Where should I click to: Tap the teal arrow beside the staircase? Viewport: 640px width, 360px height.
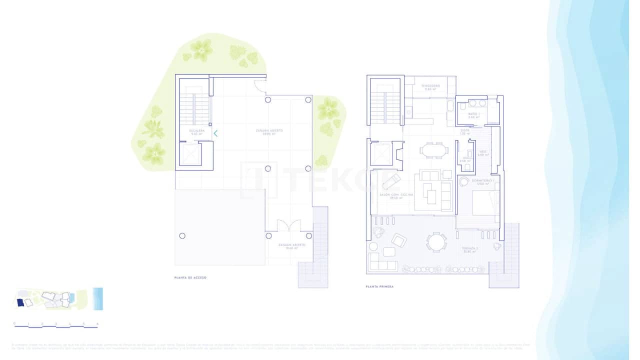tap(215, 133)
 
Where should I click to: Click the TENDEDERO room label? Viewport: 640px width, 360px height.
tap(430, 87)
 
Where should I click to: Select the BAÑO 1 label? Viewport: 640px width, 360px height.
tap(474, 116)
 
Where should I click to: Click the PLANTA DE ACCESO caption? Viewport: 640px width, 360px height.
tap(190, 277)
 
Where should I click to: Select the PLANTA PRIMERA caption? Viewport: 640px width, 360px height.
tap(380, 287)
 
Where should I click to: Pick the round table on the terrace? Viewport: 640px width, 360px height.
tap(436, 242)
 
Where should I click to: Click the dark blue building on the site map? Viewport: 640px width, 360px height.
tap(20, 302)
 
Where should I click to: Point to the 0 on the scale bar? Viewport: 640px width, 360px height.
tap(14, 323)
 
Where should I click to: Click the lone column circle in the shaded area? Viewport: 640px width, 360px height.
tap(182, 235)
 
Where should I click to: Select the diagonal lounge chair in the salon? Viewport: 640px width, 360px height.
tap(391, 181)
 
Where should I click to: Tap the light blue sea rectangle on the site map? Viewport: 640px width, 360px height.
tap(98, 298)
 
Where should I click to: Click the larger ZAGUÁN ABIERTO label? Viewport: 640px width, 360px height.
tap(269, 131)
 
